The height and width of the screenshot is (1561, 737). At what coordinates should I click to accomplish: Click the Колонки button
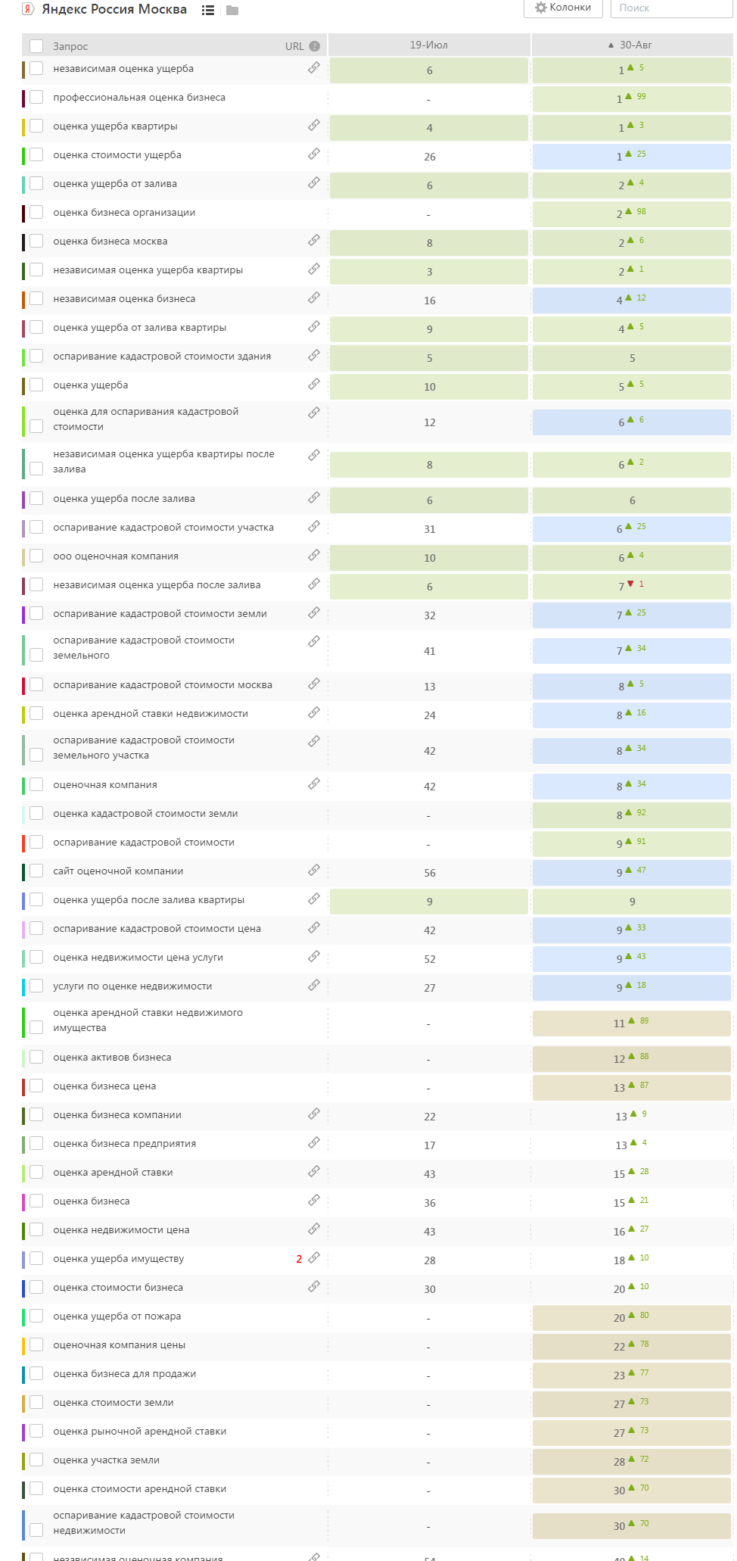pyautogui.click(x=563, y=8)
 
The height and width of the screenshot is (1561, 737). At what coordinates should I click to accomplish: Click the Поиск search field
pyautogui.click(x=670, y=8)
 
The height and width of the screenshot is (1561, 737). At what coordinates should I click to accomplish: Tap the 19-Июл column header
pyautogui.click(x=429, y=45)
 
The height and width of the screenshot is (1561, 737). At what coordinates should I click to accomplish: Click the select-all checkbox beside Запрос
pyautogui.click(x=36, y=46)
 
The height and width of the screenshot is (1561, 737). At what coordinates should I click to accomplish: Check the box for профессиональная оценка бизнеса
pyautogui.click(x=36, y=98)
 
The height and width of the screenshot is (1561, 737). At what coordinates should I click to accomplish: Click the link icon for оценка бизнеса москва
pyautogui.click(x=314, y=241)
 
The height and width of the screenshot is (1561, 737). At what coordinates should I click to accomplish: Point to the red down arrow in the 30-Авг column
pyautogui.click(x=630, y=584)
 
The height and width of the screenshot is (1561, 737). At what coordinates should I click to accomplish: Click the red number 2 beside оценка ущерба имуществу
pyautogui.click(x=299, y=1259)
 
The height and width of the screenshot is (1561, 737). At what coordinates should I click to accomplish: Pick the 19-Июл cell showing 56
pyautogui.click(x=429, y=873)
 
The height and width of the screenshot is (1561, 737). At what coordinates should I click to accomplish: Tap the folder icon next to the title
pyautogui.click(x=232, y=11)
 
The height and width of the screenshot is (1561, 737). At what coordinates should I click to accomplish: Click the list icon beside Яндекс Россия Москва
pyautogui.click(x=208, y=11)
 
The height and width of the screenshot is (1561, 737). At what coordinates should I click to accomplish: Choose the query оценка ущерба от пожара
pyautogui.click(x=117, y=1316)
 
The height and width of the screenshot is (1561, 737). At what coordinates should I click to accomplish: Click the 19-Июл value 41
pyautogui.click(x=429, y=651)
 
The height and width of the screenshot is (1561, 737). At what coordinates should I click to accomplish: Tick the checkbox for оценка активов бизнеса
pyautogui.click(x=36, y=1058)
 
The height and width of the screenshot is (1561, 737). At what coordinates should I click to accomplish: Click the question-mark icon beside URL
pyautogui.click(x=315, y=46)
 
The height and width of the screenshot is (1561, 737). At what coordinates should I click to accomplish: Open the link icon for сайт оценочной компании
pyautogui.click(x=314, y=871)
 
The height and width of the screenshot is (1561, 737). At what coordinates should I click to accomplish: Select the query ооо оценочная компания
pyautogui.click(x=116, y=556)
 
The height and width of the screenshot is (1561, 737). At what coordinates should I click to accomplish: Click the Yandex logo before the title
pyautogui.click(x=28, y=10)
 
